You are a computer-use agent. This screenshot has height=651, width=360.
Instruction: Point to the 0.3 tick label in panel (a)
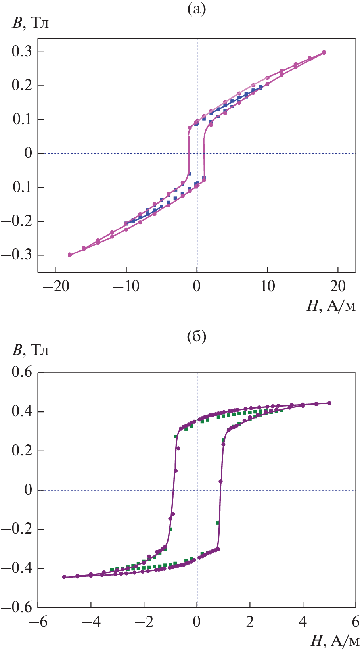tap(22, 52)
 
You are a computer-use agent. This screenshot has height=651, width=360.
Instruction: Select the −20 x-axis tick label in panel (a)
tap(56, 286)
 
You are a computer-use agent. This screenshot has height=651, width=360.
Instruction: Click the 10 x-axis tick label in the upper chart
tap(268, 286)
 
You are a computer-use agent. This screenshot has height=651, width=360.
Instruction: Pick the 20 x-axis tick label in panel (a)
tap(338, 286)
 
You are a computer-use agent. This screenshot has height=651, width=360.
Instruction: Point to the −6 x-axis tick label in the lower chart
tap(38, 621)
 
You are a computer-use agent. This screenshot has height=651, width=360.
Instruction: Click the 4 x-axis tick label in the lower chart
tap(303, 621)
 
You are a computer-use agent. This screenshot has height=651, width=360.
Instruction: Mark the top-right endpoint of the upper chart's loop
tap(324, 52)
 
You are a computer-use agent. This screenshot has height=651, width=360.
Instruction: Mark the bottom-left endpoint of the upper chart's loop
tap(70, 255)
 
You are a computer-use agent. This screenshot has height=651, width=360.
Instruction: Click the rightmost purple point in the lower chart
tap(329, 403)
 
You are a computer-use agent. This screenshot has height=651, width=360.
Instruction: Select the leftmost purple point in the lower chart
tap(64, 577)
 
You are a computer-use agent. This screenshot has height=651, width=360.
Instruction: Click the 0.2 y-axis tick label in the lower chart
tap(22, 451)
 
